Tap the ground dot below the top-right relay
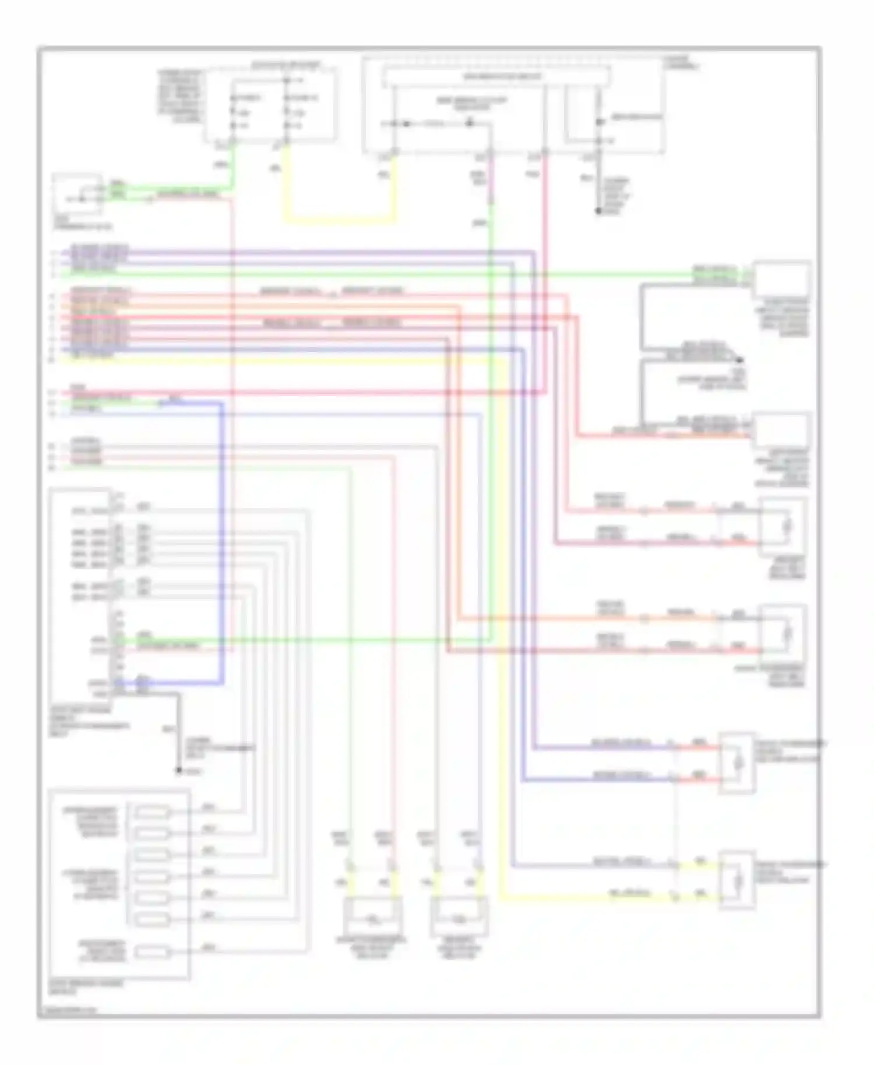point(598,211)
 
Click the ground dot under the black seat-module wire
point(179,770)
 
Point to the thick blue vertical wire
point(222,542)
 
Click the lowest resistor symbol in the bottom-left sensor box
point(152,952)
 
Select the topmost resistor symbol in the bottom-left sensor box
point(152,811)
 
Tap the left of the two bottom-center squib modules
point(372,916)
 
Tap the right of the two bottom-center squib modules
point(459,916)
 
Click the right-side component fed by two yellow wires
point(737,880)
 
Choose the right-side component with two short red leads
point(737,762)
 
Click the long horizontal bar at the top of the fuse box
point(496,77)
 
